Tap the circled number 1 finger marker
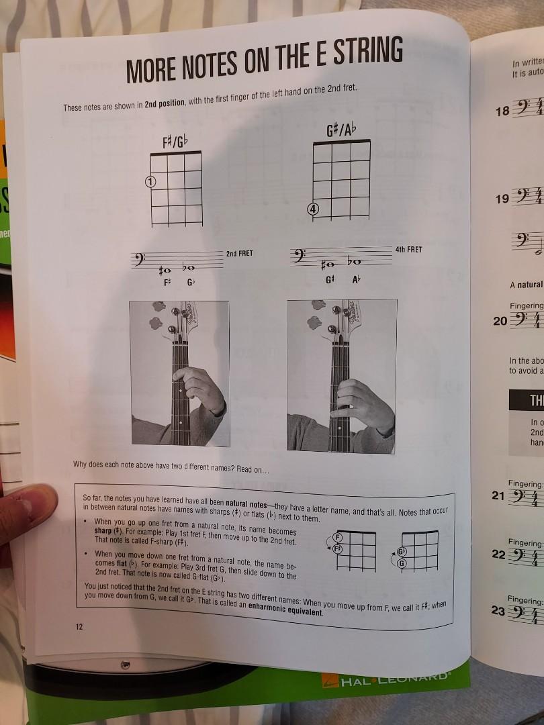coord(150,181)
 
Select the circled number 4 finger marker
coord(313,209)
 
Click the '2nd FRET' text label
coord(240,254)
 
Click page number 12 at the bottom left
coord(79,626)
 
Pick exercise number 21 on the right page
coord(498,496)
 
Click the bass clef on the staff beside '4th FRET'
coord(299,255)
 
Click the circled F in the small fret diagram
coord(338,538)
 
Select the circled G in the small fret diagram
coord(402,563)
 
